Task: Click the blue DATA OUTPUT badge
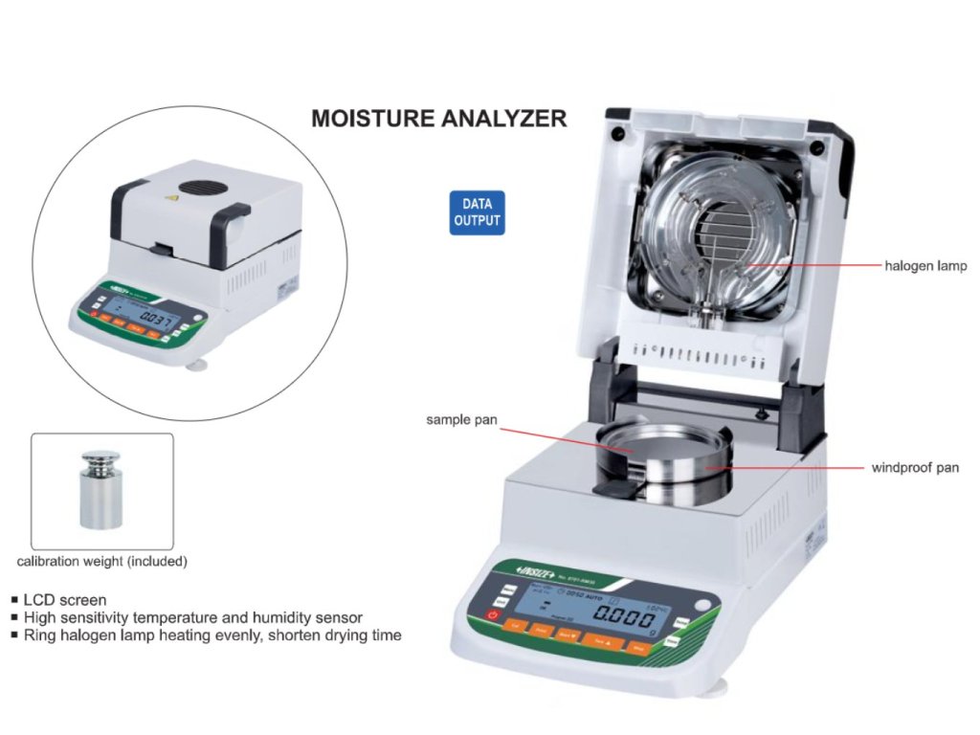477,212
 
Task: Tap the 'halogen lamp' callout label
924,265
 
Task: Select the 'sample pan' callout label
461,419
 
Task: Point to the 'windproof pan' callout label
914,468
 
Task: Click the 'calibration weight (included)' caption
102,561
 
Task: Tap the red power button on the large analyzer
494,614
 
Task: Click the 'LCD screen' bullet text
64,600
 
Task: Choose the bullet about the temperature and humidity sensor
192,617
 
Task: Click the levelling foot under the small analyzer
200,364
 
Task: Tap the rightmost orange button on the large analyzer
639,649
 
